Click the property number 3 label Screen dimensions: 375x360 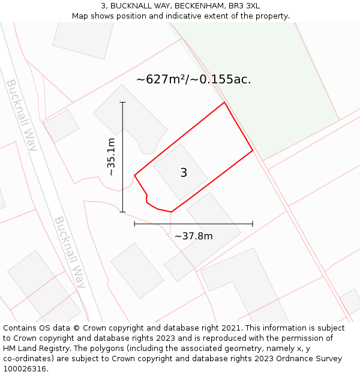(184, 173)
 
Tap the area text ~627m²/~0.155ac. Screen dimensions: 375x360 (193, 79)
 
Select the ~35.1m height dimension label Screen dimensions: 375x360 (110, 157)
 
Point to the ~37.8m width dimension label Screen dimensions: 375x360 (193, 236)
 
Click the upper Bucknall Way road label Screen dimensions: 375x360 (22, 115)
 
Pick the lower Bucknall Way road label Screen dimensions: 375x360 (70, 252)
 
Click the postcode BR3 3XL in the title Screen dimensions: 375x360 (244, 5)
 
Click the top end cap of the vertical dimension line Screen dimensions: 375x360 (122, 103)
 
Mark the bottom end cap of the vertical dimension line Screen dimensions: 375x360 (122, 212)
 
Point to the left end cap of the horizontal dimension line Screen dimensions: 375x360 (134, 224)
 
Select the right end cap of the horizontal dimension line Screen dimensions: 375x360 (253, 224)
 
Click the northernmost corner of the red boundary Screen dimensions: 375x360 (224, 103)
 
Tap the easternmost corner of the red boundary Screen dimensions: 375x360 (252, 150)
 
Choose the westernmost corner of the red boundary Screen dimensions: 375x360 (134, 175)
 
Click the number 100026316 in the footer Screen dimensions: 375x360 (25, 368)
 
